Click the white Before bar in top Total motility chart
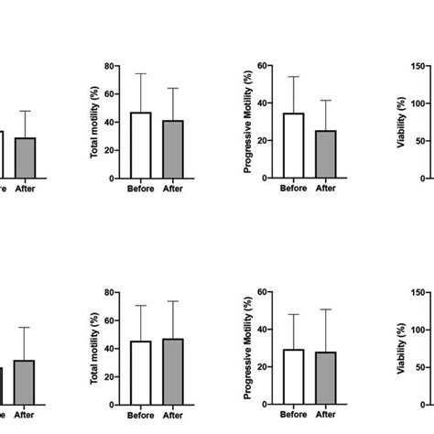click(x=140, y=145)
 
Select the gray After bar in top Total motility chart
click(x=173, y=148)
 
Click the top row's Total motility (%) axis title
click(x=94, y=120)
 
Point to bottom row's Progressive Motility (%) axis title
click(x=248, y=348)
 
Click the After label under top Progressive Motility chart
click(x=326, y=189)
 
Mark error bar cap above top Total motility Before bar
click(x=140, y=73)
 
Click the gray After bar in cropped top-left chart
click(x=25, y=157)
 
